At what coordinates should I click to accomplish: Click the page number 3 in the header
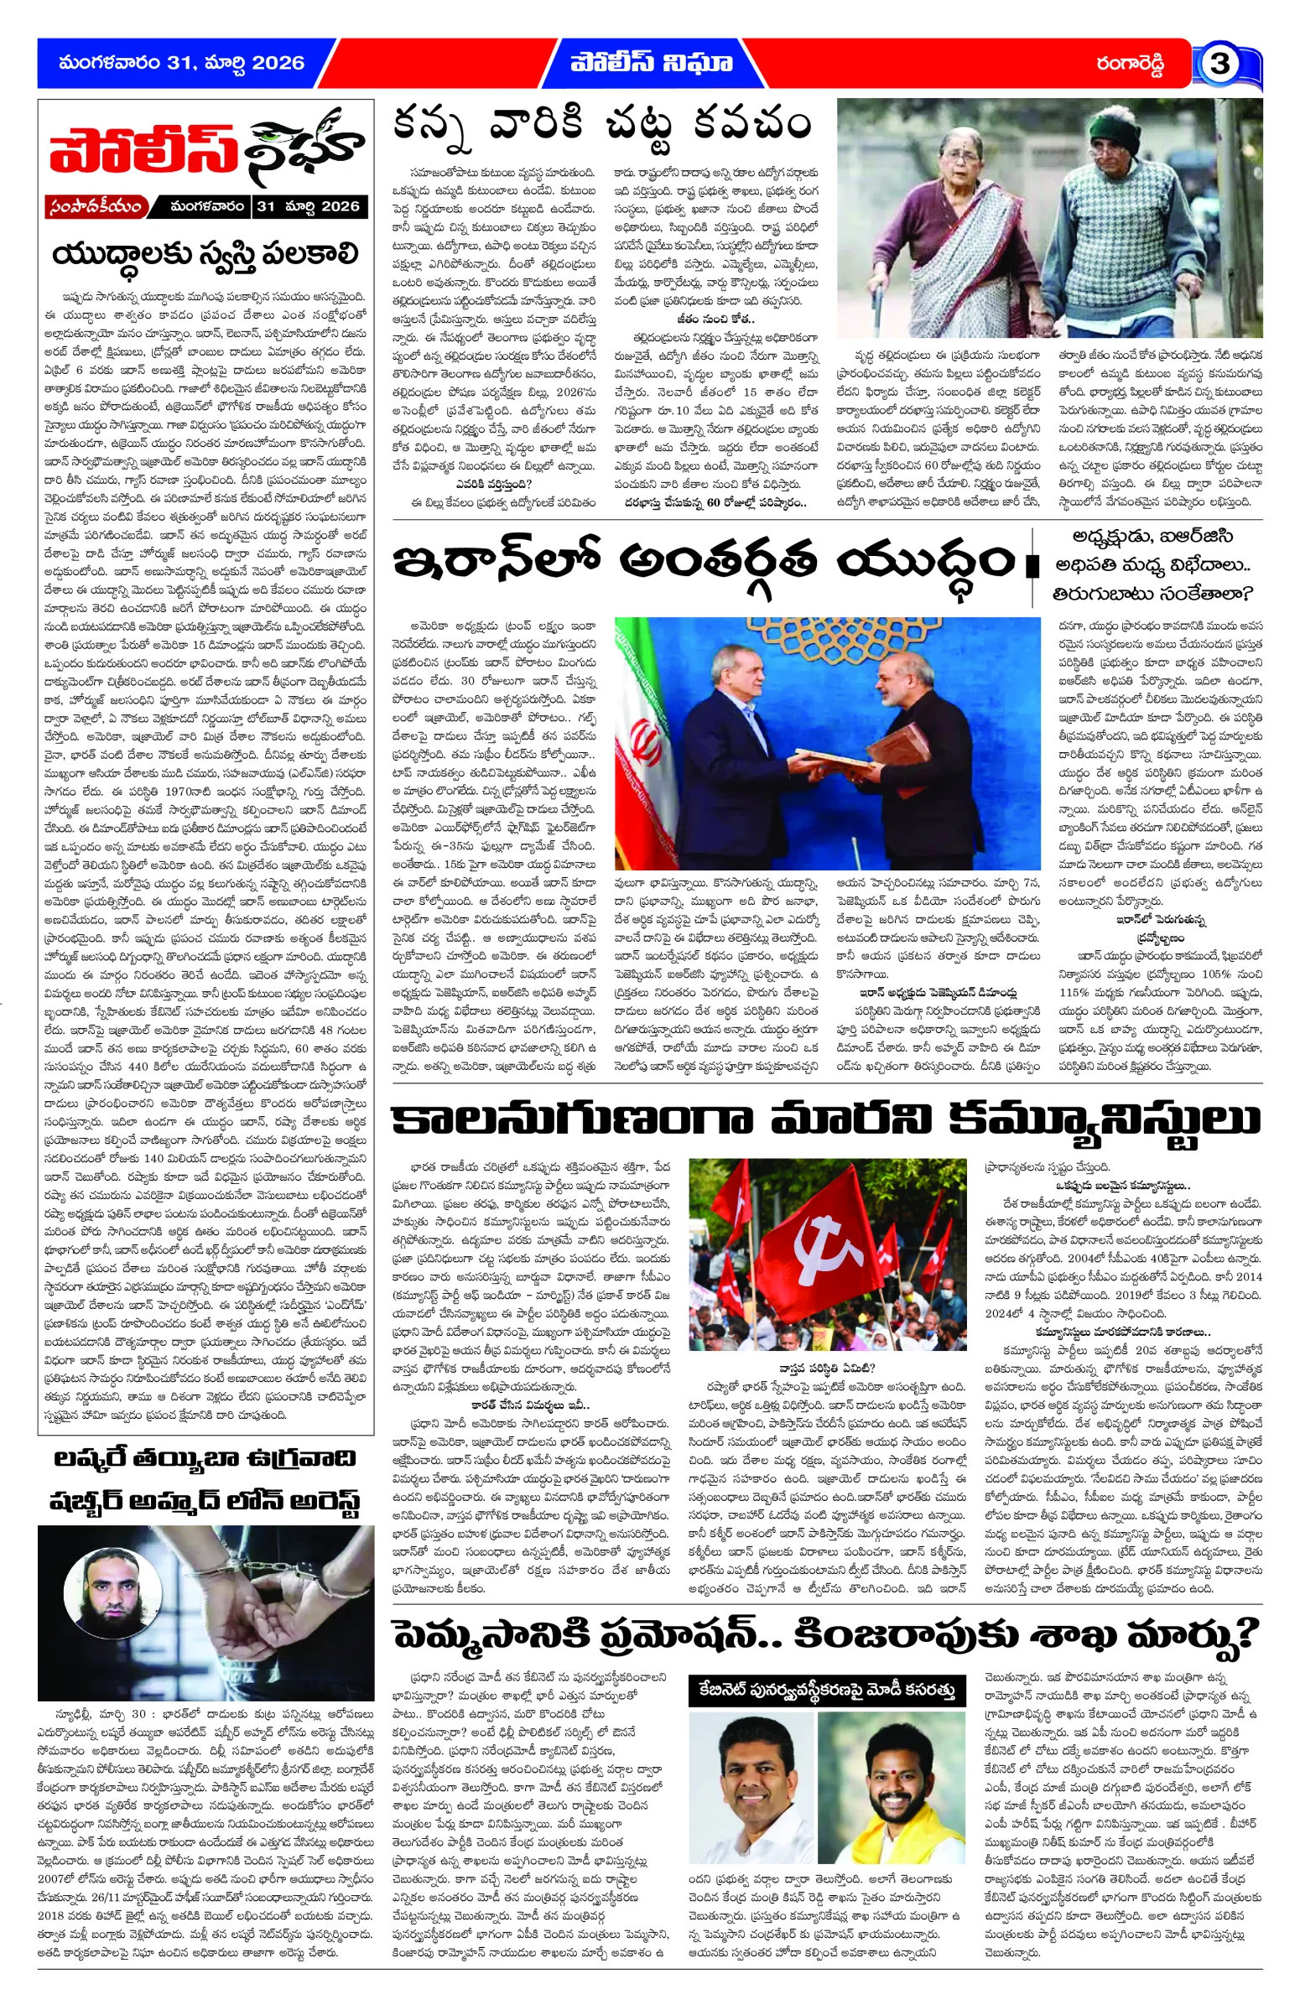pyautogui.click(x=1219, y=64)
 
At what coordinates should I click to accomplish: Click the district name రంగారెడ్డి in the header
pyautogui.click(x=1130, y=64)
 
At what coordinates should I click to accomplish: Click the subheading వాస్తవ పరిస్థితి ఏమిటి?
pyautogui.click(x=826, y=1369)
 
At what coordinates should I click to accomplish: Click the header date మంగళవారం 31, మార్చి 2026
pyautogui.click(x=181, y=63)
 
